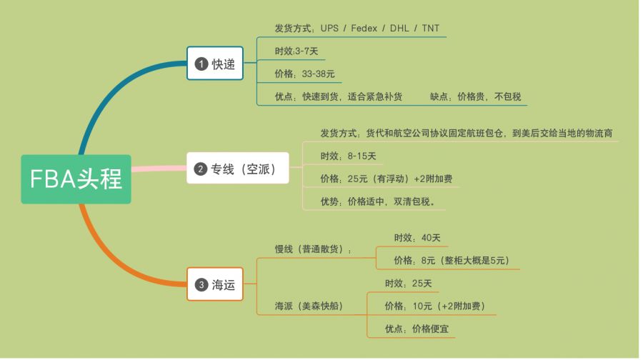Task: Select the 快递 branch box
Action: pos(214,64)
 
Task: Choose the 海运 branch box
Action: pos(214,284)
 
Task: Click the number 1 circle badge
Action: pos(201,64)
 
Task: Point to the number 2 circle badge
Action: pos(201,169)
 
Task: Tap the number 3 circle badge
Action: pos(201,285)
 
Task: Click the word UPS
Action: pos(329,29)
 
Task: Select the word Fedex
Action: pos(364,29)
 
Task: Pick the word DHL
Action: pos(398,29)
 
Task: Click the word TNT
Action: pos(431,29)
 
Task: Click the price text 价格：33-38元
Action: pos(304,74)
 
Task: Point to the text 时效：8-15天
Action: pos(349,156)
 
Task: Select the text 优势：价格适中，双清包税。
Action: pos(383,201)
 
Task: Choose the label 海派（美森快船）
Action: pos(309,306)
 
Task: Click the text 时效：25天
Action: pos(408,284)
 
